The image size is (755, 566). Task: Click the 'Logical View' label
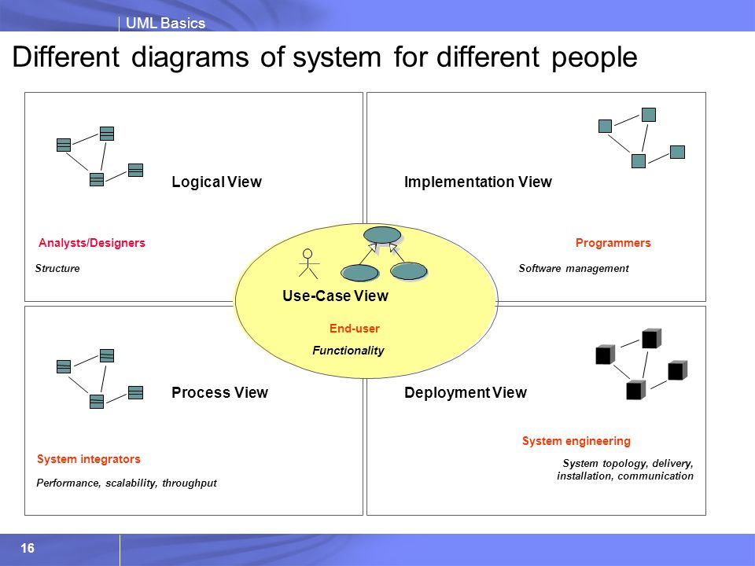coord(217,182)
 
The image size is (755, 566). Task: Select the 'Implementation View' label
coord(477,182)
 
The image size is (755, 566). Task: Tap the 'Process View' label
coord(219,392)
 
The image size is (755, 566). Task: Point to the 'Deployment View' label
coord(466,393)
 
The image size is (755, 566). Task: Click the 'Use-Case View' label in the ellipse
coord(335,296)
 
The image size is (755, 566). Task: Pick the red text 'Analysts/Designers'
coord(91,243)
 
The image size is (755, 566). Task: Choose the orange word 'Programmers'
coord(613,243)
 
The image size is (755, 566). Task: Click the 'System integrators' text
coord(89,459)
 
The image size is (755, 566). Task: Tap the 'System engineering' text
coord(576,441)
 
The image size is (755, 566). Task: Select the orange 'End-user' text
coord(355,329)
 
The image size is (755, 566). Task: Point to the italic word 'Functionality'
coord(348,351)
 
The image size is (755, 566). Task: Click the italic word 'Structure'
coord(57,269)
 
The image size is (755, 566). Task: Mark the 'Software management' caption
coord(573,269)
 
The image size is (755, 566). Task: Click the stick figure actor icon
coord(308,263)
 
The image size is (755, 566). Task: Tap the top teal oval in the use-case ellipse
coord(382,235)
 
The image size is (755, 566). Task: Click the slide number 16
coord(28,548)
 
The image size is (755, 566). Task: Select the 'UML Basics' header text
coord(165,23)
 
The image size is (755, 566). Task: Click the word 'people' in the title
coord(595,57)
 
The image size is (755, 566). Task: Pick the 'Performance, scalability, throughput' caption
coord(127,483)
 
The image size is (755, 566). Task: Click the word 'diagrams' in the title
coord(190,57)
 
